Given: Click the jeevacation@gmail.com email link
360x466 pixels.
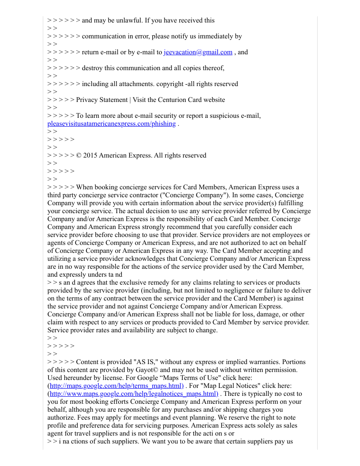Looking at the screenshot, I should pyautogui.click(x=198, y=52).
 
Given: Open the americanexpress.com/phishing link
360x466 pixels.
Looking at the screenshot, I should pyautogui.click(x=111, y=124).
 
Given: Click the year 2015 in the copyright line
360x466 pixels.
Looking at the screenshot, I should pyautogui.click(x=90, y=155).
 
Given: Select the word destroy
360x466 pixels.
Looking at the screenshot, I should pyautogui.click(x=94, y=68).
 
